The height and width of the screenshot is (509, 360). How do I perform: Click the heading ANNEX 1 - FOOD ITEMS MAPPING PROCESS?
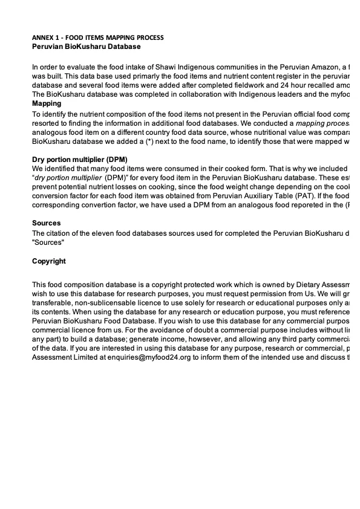tap(97, 37)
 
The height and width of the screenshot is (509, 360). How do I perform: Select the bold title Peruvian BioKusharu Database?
tap(86, 46)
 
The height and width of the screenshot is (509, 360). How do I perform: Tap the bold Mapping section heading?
tap(47, 103)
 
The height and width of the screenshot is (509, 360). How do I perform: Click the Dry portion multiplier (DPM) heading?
tap(79, 160)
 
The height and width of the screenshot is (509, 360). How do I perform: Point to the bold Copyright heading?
tap(49, 262)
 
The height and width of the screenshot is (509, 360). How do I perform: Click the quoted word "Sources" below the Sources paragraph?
tap(48, 242)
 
